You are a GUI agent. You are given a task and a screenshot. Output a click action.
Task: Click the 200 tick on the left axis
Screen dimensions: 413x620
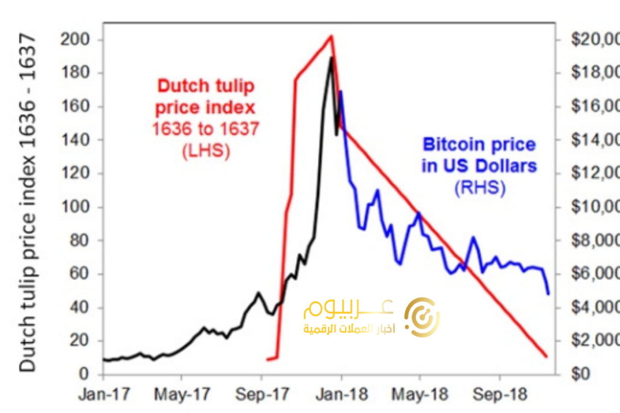click(x=75, y=40)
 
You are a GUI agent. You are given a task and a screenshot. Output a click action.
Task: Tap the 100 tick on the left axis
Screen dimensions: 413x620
click(x=75, y=207)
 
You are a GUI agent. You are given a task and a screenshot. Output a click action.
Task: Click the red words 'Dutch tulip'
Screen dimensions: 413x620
click(x=206, y=86)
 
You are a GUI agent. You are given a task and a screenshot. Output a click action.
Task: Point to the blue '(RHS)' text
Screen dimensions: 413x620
click(x=479, y=188)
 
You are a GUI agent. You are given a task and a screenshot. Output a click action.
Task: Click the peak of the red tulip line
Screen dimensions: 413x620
click(x=331, y=36)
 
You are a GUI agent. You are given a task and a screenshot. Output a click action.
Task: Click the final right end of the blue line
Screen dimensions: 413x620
click(x=548, y=294)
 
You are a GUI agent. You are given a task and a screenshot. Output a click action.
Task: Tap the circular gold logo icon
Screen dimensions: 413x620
click(x=422, y=315)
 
